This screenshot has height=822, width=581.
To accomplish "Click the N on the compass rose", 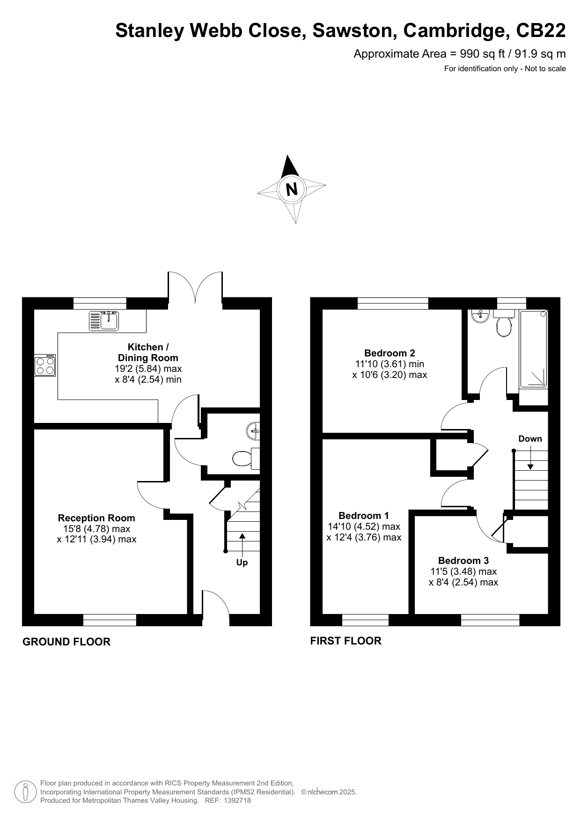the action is pyautogui.click(x=291, y=189).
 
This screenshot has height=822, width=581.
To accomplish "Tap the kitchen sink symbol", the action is pyautogui.click(x=104, y=320).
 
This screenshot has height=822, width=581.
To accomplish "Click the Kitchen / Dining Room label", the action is pyautogui.click(x=148, y=352).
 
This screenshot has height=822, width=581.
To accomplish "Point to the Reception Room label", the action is pyautogui.click(x=96, y=518).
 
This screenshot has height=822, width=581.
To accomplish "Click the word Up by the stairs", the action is pyautogui.click(x=242, y=563).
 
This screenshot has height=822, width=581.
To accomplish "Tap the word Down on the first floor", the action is pyautogui.click(x=530, y=439).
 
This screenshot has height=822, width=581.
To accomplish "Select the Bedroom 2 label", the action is pyautogui.click(x=390, y=353).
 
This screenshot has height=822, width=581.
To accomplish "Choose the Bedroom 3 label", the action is pyautogui.click(x=463, y=561).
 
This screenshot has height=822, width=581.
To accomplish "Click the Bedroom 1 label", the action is pyautogui.click(x=364, y=516).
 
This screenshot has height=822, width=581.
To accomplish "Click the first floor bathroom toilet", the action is pyautogui.click(x=504, y=323).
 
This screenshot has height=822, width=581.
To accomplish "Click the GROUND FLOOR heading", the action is pyautogui.click(x=66, y=642).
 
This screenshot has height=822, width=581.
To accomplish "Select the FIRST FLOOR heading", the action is pyautogui.click(x=346, y=641).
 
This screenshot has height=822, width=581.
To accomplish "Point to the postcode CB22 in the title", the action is pyautogui.click(x=541, y=30).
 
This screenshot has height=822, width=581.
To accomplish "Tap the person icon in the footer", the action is pyautogui.click(x=25, y=792).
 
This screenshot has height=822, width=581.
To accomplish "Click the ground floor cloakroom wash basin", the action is pyautogui.click(x=253, y=430).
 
